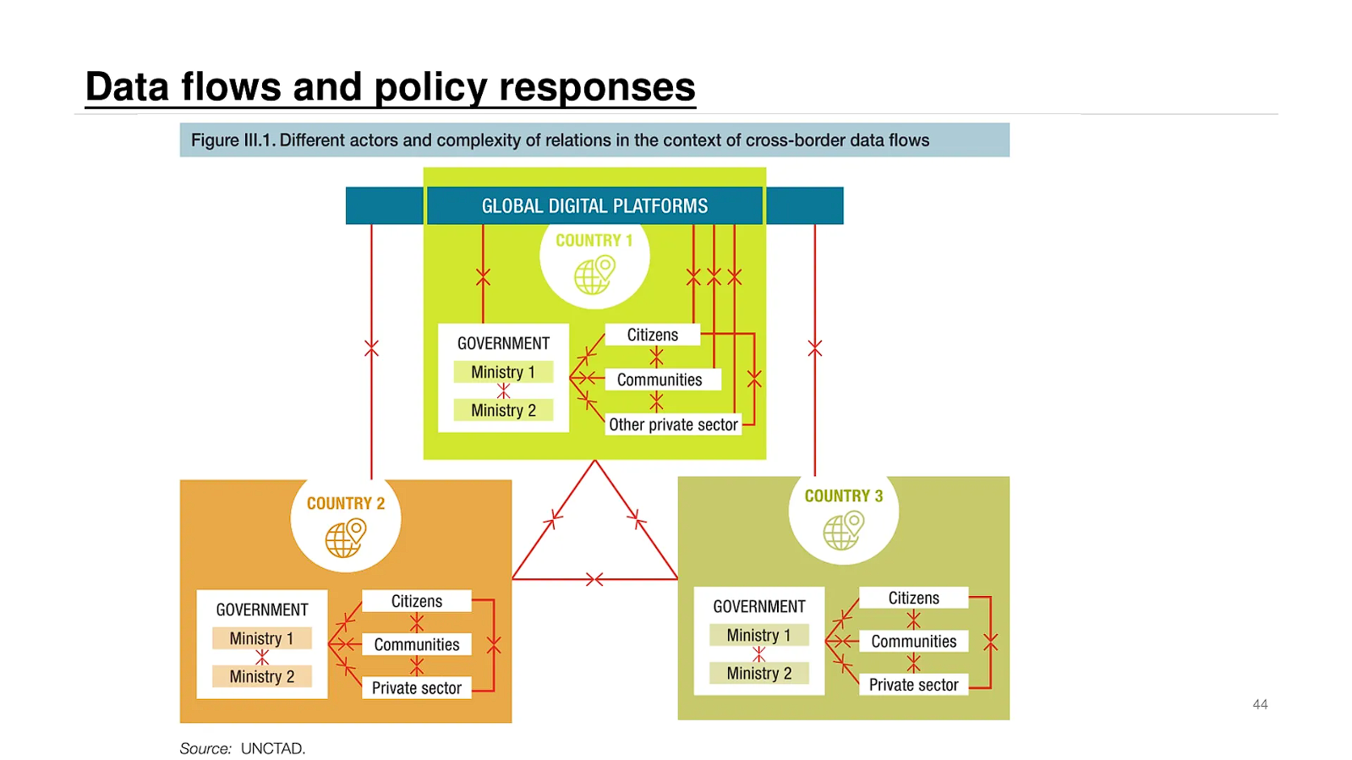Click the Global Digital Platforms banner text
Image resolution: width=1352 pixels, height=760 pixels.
pyautogui.click(x=594, y=206)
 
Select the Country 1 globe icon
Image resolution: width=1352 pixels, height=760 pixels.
pyautogui.click(x=594, y=275)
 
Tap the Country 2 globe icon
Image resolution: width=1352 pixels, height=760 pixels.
pyautogui.click(x=346, y=538)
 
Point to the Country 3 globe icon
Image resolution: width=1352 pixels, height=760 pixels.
pyautogui.click(x=844, y=531)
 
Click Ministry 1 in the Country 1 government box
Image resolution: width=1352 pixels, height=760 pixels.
pyautogui.click(x=503, y=372)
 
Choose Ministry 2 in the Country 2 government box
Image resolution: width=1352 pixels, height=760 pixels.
pyautogui.click(x=262, y=676)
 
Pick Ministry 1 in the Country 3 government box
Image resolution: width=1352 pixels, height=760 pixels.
pyautogui.click(x=759, y=635)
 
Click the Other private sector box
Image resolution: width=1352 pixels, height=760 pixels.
pyautogui.click(x=673, y=424)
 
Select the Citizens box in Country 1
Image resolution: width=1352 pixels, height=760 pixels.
pyautogui.click(x=653, y=335)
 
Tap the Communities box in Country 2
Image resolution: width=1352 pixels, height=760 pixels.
pyautogui.click(x=417, y=644)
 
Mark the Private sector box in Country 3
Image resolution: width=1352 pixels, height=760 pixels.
pyautogui.click(x=913, y=685)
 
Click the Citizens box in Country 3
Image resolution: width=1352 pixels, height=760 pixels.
pyautogui.click(x=913, y=598)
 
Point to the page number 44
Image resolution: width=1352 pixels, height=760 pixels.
pyautogui.click(x=1260, y=704)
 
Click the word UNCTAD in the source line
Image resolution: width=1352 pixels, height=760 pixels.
pyautogui.click(x=272, y=748)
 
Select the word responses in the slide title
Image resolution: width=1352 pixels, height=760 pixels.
pyautogui.click(x=597, y=87)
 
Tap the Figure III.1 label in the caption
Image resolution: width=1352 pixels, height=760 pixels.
pyautogui.click(x=233, y=140)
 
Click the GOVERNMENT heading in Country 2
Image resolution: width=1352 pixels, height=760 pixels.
pyautogui.click(x=262, y=610)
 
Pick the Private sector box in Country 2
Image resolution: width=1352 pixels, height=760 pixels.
pyautogui.click(x=417, y=688)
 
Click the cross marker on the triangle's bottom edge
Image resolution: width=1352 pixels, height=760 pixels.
pyautogui.click(x=594, y=579)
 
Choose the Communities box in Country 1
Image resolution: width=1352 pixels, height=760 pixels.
pyautogui.click(x=660, y=380)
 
